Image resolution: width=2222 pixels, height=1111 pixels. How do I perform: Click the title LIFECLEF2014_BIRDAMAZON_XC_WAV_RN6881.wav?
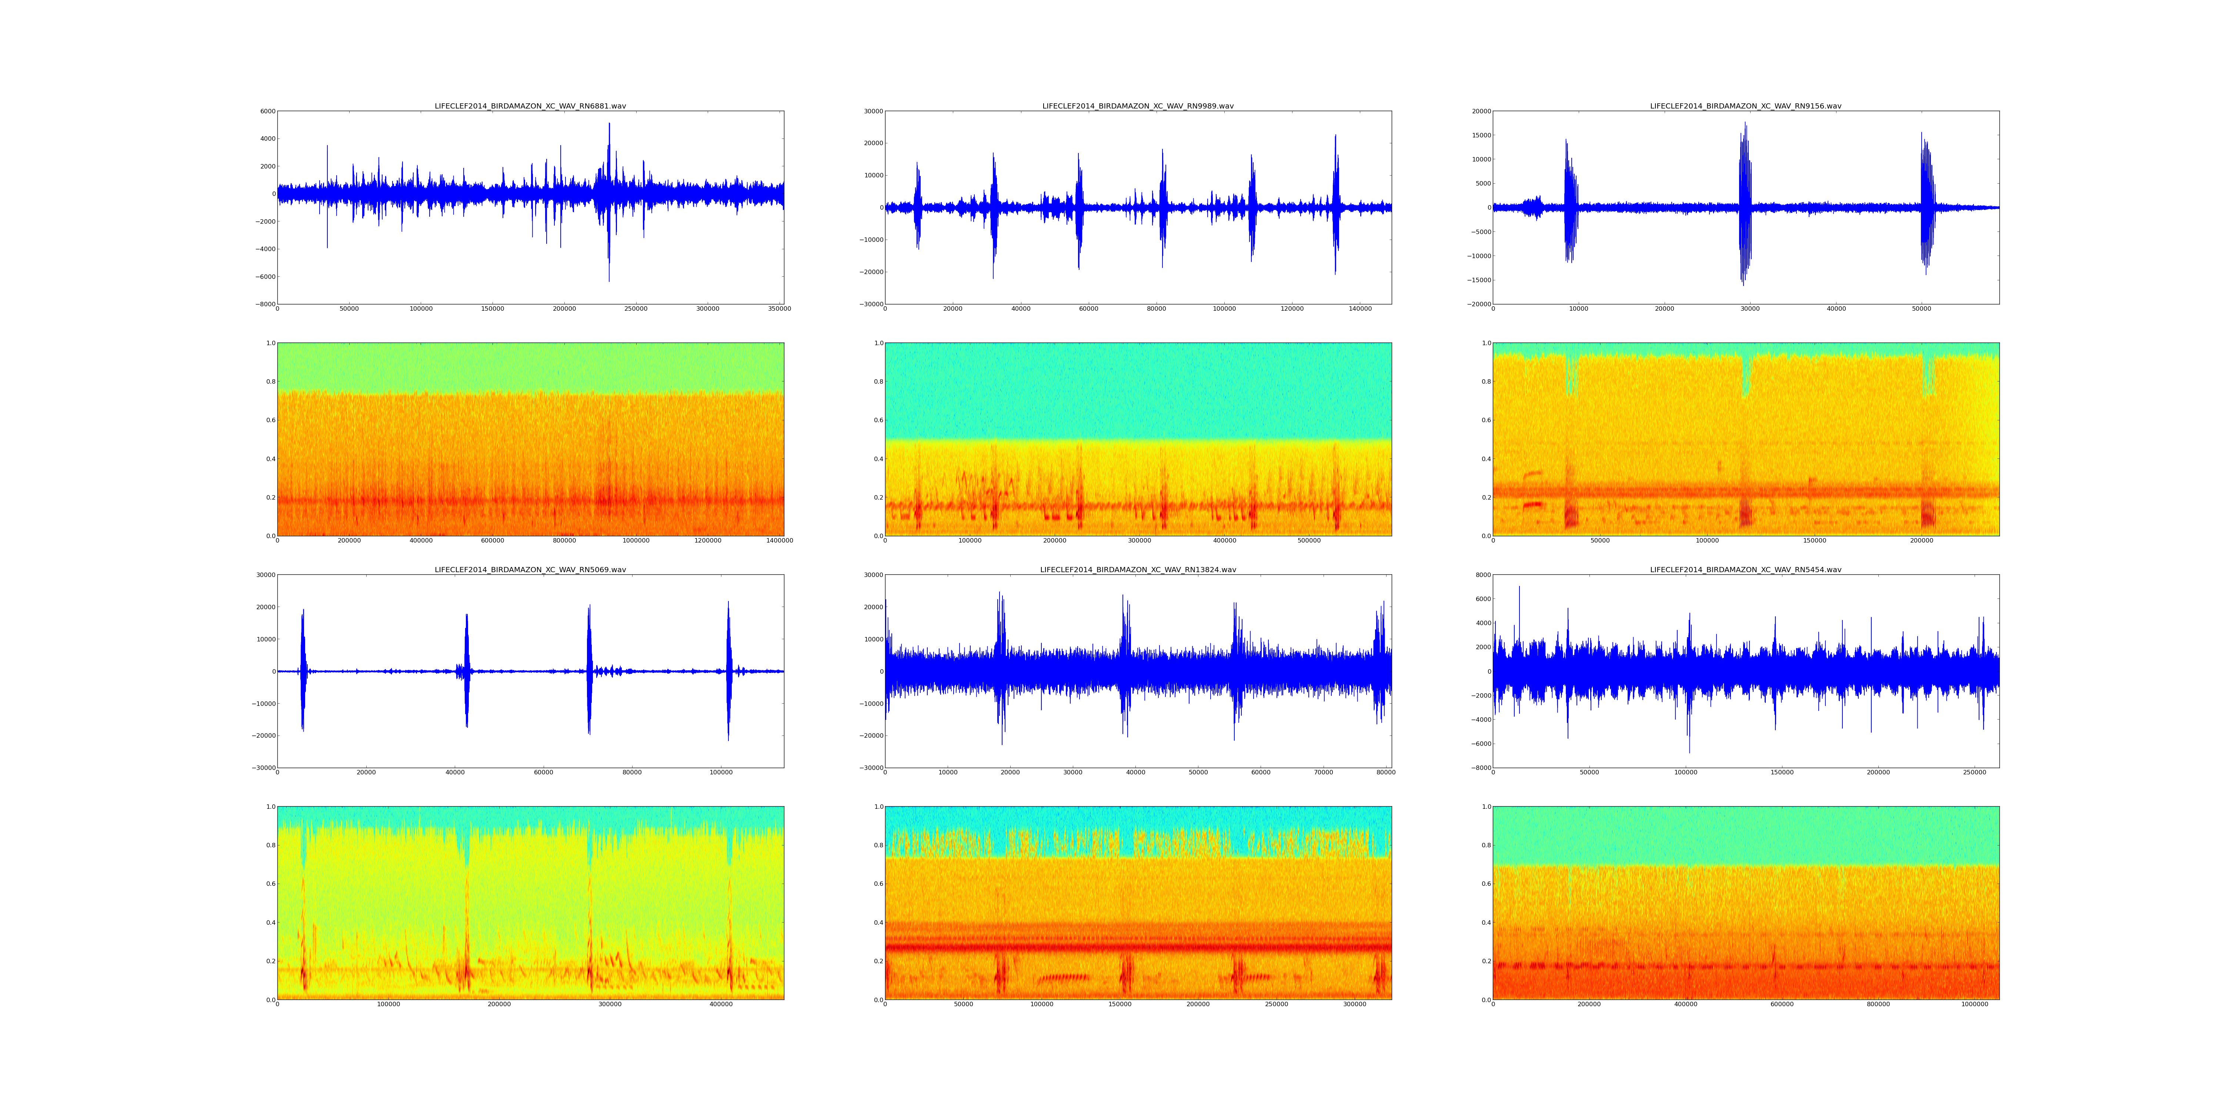[x=530, y=106]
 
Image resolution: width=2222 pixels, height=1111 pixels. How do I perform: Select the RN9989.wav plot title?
[x=1138, y=106]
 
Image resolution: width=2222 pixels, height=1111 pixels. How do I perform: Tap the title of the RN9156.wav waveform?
[x=1745, y=106]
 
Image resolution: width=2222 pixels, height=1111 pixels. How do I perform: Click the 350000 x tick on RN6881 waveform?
[x=779, y=309]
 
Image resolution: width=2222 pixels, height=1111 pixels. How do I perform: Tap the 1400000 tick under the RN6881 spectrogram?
[x=780, y=541]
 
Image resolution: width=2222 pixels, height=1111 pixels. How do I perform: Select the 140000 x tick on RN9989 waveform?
[x=1359, y=309]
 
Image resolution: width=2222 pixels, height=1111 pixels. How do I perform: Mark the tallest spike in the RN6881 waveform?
[x=609, y=125]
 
